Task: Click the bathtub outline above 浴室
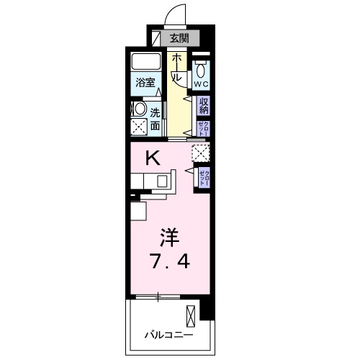coord(147,62)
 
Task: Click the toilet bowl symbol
coord(201,71)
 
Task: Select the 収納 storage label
coord(203,107)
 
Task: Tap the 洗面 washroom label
coord(156,119)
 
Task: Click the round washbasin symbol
coord(137,109)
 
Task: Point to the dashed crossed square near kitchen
coord(200,153)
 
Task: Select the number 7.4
coord(170,261)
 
